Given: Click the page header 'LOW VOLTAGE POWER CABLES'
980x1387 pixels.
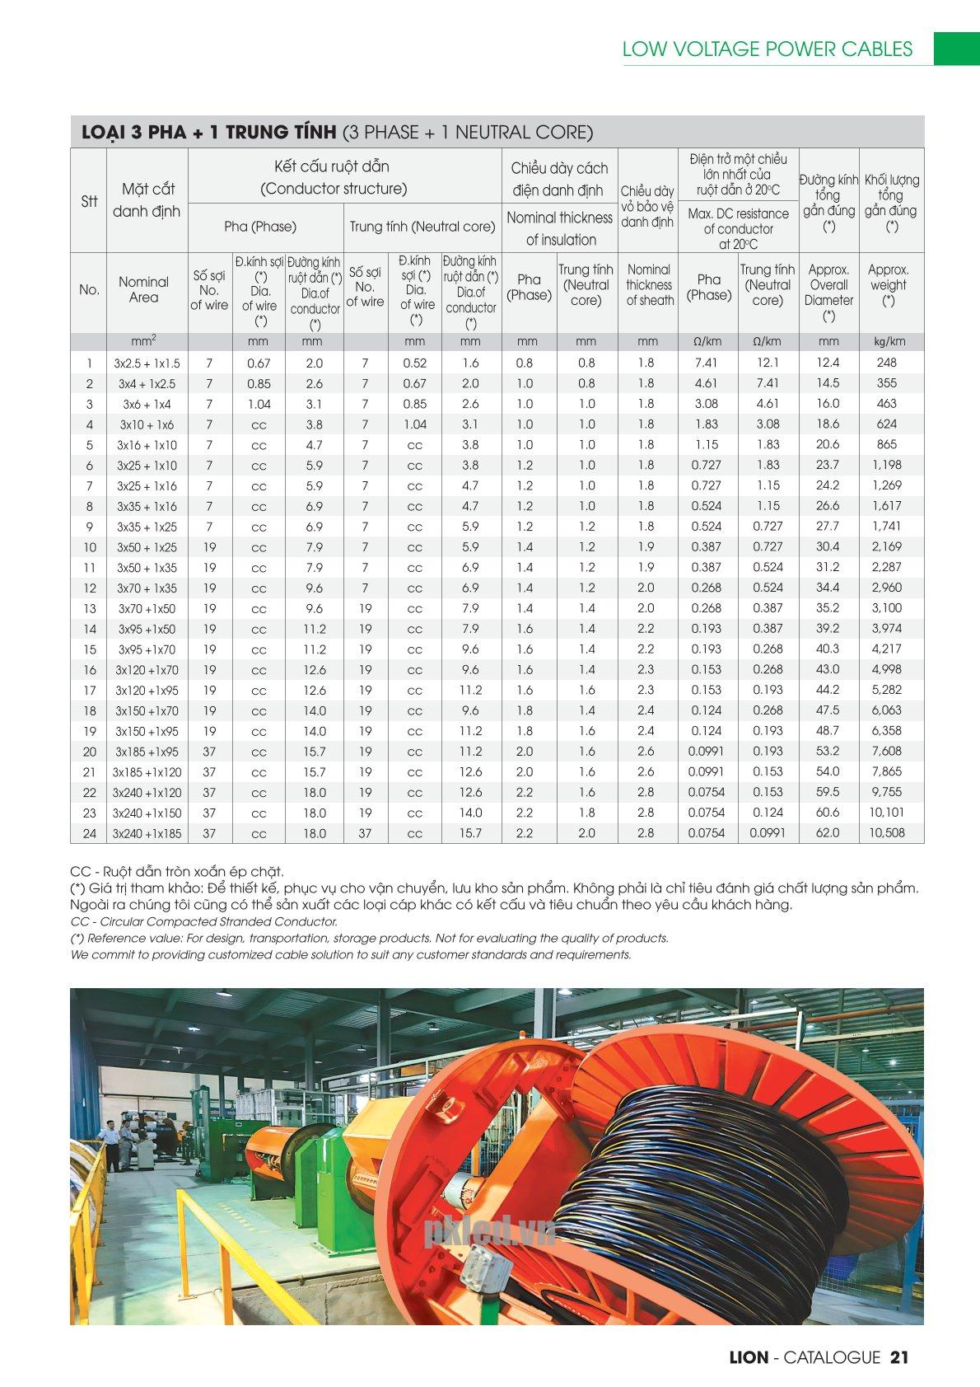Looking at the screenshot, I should pyautogui.click(x=767, y=49).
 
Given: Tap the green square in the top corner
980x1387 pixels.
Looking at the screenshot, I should pyautogui.click(x=955, y=48).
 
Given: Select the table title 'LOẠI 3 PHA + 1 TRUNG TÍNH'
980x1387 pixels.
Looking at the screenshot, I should pyautogui.click(x=208, y=132).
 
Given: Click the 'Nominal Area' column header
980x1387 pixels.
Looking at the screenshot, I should pyautogui.click(x=143, y=289).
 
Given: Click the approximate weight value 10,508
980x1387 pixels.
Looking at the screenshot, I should pyautogui.click(x=886, y=832).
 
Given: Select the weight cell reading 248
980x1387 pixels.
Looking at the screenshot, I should pyautogui.click(x=886, y=363).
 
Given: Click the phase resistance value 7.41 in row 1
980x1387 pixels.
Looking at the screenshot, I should pyautogui.click(x=706, y=363).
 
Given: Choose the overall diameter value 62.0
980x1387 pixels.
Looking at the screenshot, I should pyautogui.click(x=828, y=832).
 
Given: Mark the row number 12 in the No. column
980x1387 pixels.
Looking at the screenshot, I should pyautogui.click(x=89, y=588).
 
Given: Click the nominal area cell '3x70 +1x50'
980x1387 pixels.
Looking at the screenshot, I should pyautogui.click(x=147, y=608).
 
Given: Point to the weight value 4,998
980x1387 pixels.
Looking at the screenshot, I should pyautogui.click(x=886, y=669).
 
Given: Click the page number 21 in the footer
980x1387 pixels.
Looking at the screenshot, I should pyautogui.click(x=899, y=1357).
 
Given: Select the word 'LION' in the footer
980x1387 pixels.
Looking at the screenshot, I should pyautogui.click(x=749, y=1357).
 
